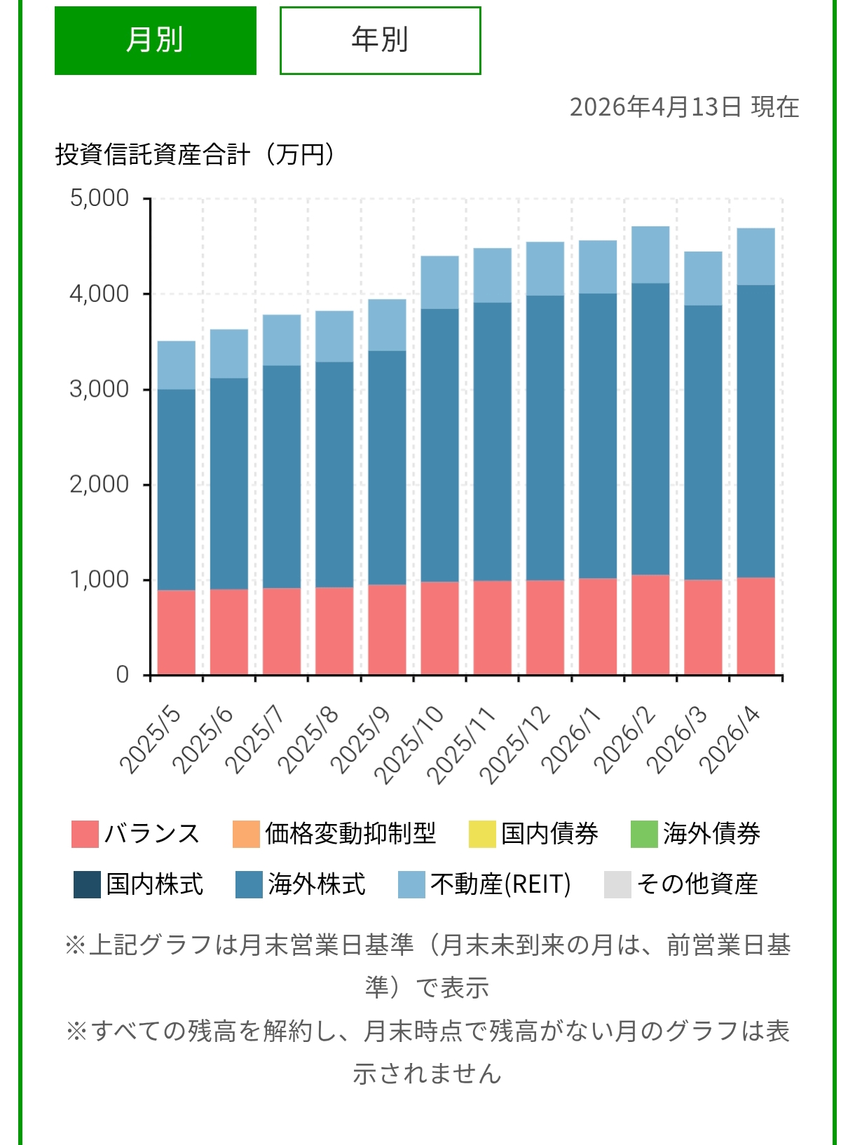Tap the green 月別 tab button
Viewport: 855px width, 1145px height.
tap(155, 40)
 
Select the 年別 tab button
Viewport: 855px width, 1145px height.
tap(380, 40)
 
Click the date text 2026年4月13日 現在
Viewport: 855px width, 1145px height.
tap(684, 107)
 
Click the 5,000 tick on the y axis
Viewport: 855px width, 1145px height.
tap(100, 198)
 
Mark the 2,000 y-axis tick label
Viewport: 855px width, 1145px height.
tap(100, 484)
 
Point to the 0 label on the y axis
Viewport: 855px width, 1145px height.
tap(123, 675)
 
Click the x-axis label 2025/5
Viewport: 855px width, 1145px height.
tap(150, 741)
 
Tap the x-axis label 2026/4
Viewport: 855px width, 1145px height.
tap(730, 741)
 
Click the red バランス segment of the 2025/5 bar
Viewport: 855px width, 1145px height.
tap(176, 633)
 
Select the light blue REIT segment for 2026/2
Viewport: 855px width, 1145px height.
tap(650, 254)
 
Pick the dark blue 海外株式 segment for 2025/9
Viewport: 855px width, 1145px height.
tap(387, 467)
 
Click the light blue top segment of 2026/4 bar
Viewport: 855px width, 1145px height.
tap(755, 256)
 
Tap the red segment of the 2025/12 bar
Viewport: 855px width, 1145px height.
tap(545, 628)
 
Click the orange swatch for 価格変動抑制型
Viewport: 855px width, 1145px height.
tap(246, 834)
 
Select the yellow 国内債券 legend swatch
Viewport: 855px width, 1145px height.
tap(482, 834)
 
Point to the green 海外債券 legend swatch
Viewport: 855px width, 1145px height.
tap(644, 834)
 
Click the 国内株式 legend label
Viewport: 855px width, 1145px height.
tap(155, 884)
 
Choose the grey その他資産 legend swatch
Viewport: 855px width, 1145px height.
tap(617, 884)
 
